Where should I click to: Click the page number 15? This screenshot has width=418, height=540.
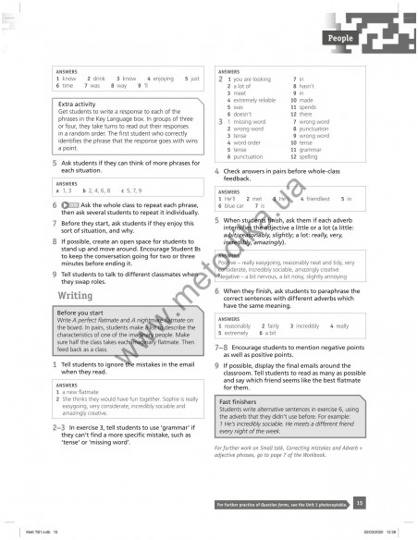(x=359, y=502)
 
